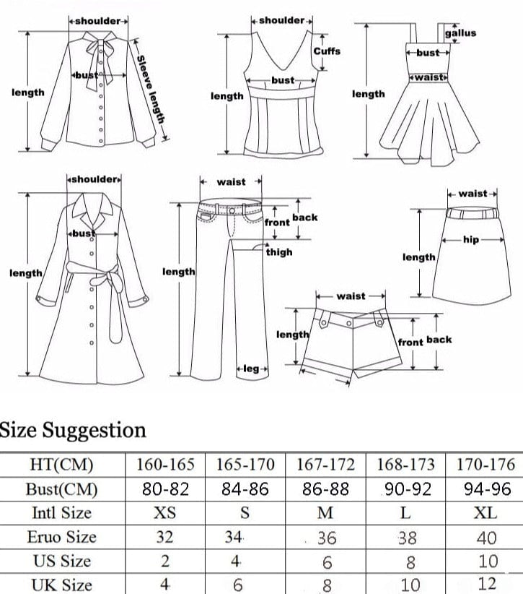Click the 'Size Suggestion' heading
(73, 430)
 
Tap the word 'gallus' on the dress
(460, 33)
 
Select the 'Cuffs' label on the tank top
(327, 51)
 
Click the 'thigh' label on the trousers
(279, 252)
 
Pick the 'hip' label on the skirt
(471, 240)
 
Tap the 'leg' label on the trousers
(251, 369)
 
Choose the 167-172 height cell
(325, 465)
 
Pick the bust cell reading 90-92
(405, 489)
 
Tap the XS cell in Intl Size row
(165, 513)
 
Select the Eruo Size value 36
(326, 538)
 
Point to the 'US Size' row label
(61, 561)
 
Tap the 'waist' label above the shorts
(351, 296)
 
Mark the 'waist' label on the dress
(429, 77)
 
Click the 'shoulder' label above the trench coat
(94, 178)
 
